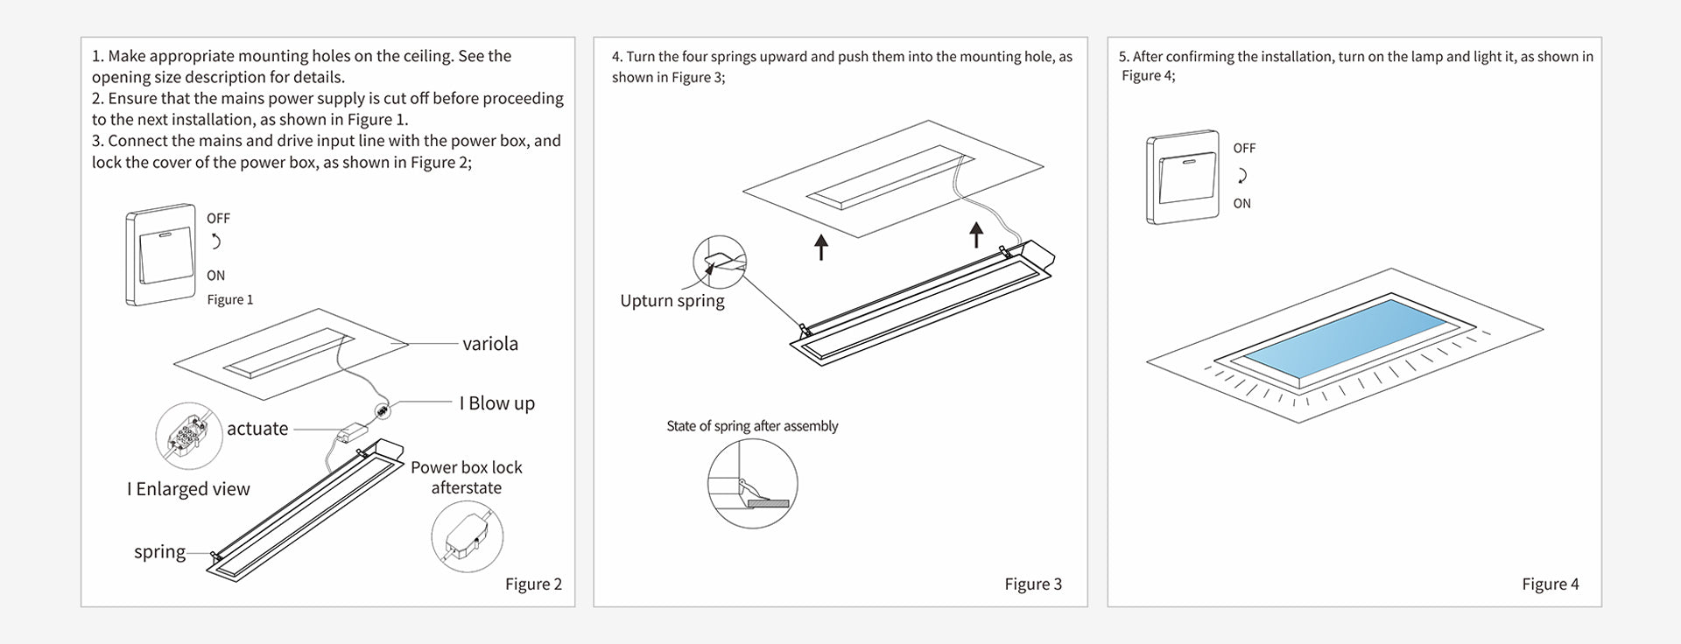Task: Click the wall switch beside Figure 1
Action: pos(160,255)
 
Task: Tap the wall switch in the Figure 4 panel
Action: pos(1182,178)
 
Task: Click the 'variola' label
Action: pos(489,344)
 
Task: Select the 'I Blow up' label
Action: pos(496,403)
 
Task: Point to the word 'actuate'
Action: pos(257,429)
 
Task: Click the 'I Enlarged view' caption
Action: pos(188,489)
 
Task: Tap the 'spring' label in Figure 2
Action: pos(159,552)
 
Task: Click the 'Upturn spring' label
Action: pos(672,301)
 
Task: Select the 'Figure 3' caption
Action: pos(1032,584)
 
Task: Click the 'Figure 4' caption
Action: pos(1550,584)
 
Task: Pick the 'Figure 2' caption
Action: pos(533,584)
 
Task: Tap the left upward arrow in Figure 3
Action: pos(820,247)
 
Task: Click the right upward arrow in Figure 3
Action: pos(976,234)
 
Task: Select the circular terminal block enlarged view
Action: pos(189,437)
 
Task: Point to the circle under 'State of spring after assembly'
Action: pos(752,484)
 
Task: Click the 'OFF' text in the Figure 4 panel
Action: pos(1244,149)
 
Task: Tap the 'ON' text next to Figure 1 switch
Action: pos(215,276)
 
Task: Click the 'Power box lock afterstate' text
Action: pos(466,478)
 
